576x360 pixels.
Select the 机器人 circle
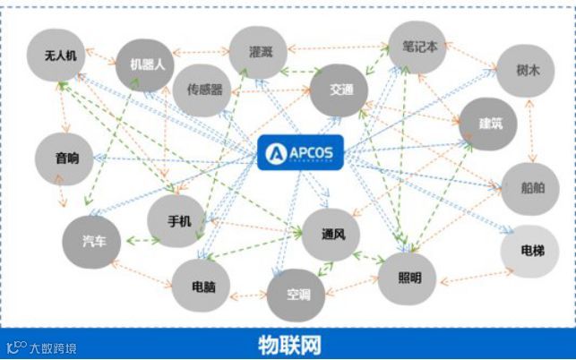pos(147,64)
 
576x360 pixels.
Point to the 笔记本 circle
pos(419,47)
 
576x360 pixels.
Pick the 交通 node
pos(341,90)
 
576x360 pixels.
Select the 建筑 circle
pos(490,124)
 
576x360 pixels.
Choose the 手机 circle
pos(179,219)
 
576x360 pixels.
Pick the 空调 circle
pos(297,295)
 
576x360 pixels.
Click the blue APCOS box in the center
pos(300,152)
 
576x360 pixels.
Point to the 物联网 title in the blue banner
pos(288,345)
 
